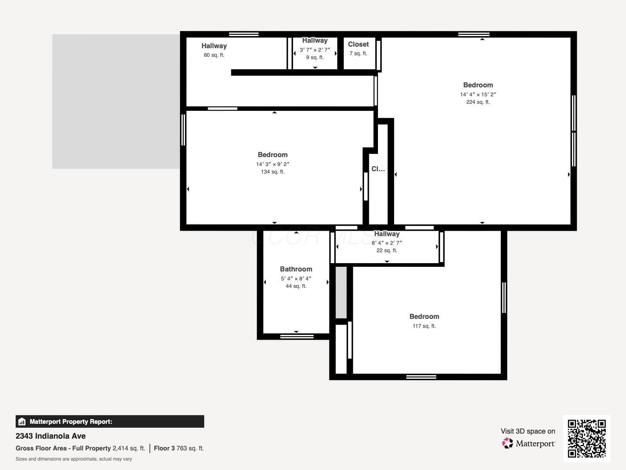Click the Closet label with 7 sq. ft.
click(358, 45)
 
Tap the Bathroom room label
click(296, 269)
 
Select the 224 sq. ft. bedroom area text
click(478, 102)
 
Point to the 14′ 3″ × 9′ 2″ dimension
click(273, 164)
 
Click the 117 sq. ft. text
click(424, 326)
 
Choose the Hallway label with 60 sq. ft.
click(214, 46)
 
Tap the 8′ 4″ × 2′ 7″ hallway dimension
click(387, 243)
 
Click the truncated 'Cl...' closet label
click(378, 169)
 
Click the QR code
click(586, 438)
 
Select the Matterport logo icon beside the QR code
click(507, 443)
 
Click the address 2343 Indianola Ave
click(50, 436)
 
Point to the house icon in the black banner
click(22, 421)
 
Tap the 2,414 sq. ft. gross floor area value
click(129, 448)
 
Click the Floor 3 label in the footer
click(164, 448)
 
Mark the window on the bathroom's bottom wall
click(297, 337)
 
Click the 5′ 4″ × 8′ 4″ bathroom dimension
click(296, 278)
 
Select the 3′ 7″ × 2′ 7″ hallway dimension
click(315, 50)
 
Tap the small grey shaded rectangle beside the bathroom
click(341, 293)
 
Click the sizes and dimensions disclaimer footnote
click(74, 459)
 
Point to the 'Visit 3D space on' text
click(528, 431)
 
